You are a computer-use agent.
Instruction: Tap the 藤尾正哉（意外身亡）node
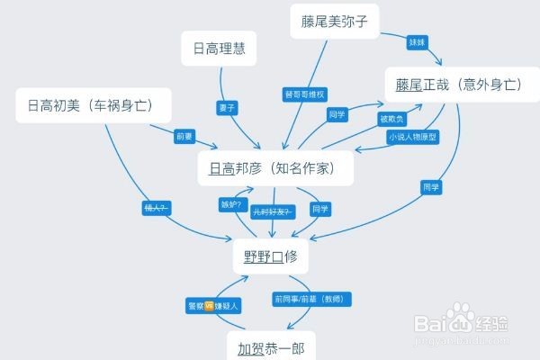[x=459, y=85]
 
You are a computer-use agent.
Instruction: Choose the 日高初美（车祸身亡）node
[x=94, y=106]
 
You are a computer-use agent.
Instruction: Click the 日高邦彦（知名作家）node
[x=275, y=168]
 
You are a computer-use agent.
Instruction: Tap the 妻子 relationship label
[x=226, y=108]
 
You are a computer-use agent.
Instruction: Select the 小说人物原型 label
[x=412, y=137]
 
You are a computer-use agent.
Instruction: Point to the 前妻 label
[x=184, y=136]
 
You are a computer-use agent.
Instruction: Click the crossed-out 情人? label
[x=157, y=207]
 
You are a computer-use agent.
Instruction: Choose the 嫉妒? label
[x=231, y=204]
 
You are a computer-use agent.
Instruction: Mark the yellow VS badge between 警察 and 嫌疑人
[x=210, y=306]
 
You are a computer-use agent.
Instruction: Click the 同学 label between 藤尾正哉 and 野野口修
[x=429, y=187]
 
